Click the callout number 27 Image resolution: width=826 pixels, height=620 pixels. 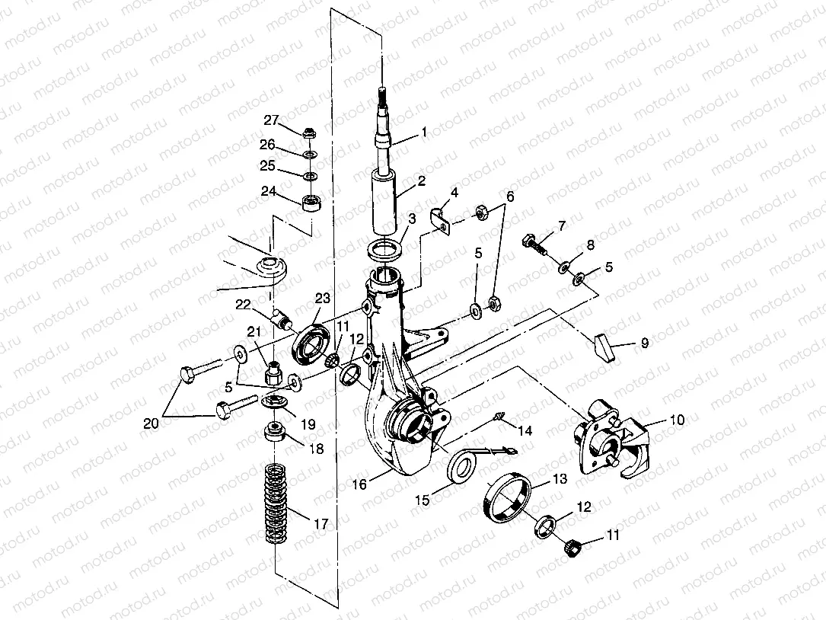272,120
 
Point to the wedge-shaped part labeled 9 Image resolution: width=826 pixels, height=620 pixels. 604,347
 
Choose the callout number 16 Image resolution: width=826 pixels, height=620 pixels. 359,484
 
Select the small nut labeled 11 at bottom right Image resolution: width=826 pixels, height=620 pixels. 576,546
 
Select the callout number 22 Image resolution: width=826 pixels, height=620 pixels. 243,305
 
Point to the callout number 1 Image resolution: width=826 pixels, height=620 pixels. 424,133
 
